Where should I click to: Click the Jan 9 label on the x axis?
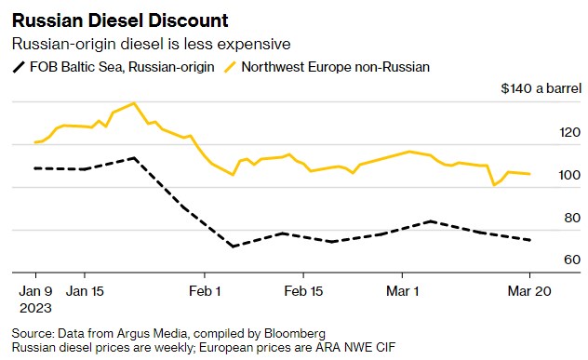click(35, 290)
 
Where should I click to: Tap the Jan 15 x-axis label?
click(85, 290)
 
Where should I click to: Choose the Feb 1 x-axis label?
click(205, 290)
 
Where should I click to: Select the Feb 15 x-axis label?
click(303, 290)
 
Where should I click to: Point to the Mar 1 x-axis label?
click(403, 290)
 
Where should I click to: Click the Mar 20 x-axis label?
click(529, 290)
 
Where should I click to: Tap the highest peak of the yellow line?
click(135, 103)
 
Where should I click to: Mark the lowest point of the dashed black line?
click(233, 247)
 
